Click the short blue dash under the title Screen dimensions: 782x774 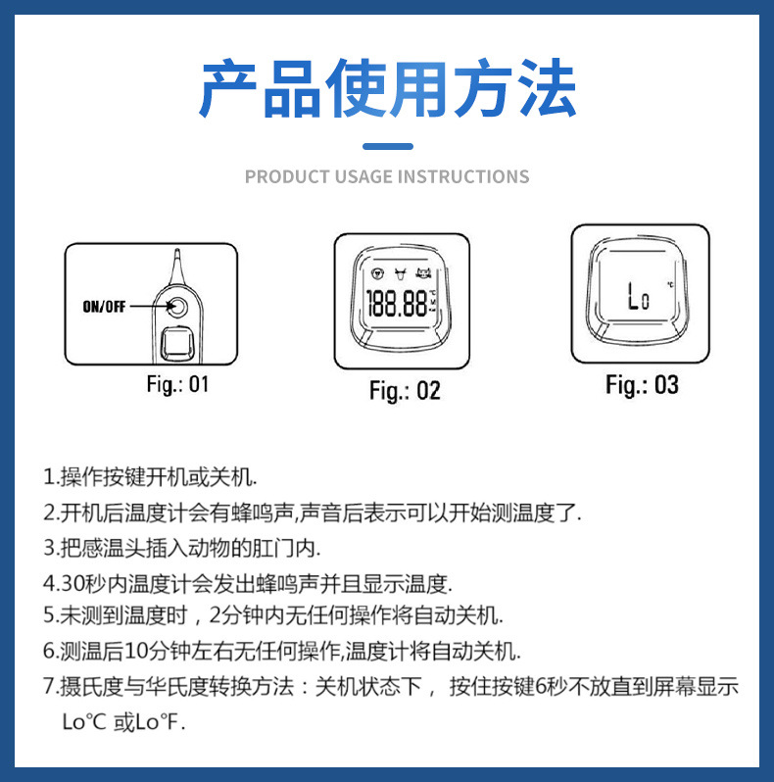click(x=387, y=147)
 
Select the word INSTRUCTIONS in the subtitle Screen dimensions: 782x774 click(x=461, y=177)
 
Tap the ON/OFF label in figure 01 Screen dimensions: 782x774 click(x=105, y=307)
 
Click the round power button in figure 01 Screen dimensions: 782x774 click(x=179, y=308)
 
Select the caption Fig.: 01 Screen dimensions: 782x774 click(x=177, y=384)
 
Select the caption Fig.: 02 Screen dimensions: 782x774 click(x=405, y=390)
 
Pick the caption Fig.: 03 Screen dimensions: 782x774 click(x=642, y=385)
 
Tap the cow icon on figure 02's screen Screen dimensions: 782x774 click(x=400, y=273)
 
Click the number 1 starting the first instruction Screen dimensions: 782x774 click(x=48, y=478)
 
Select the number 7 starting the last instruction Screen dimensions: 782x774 click(x=48, y=687)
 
